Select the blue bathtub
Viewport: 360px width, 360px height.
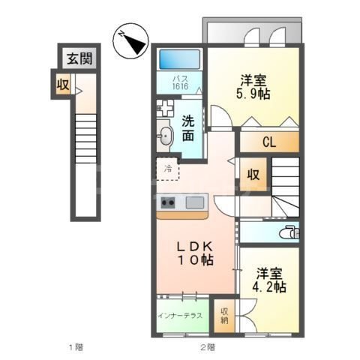(x=180, y=58)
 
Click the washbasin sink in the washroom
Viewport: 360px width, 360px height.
(x=166, y=136)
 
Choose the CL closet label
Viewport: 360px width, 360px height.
(x=268, y=139)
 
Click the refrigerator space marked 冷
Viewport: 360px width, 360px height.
(x=169, y=168)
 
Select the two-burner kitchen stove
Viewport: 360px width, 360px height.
(x=167, y=201)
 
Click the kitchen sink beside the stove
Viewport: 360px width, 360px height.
(x=194, y=201)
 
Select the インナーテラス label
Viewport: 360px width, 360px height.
(x=180, y=316)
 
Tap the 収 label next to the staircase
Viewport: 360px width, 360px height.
(x=254, y=175)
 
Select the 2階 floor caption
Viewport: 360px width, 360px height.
(x=208, y=346)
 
